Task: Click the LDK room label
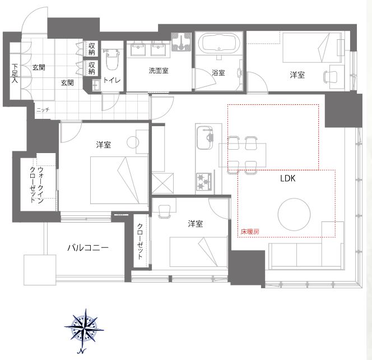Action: pyautogui.click(x=288, y=178)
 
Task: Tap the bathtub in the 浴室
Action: pyautogui.click(x=219, y=43)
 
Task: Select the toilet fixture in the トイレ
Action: pyautogui.click(x=111, y=59)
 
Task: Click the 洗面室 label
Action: pyautogui.click(x=159, y=71)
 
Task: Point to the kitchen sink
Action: pyautogui.click(x=205, y=137)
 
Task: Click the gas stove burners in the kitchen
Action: pyautogui.click(x=204, y=182)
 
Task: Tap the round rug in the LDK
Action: pyautogui.click(x=294, y=214)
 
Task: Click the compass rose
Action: pyautogui.click(x=84, y=329)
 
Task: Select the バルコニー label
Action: pyautogui.click(x=88, y=248)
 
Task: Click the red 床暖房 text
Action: pyautogui.click(x=250, y=232)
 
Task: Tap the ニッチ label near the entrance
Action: pyautogui.click(x=43, y=110)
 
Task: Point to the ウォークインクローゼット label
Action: pyautogui.click(x=37, y=184)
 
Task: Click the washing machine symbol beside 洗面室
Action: pyautogui.click(x=181, y=42)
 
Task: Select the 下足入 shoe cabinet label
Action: pyautogui.click(x=15, y=73)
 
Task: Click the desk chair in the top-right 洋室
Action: pyautogui.click(x=331, y=77)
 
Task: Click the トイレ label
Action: pyautogui.click(x=111, y=80)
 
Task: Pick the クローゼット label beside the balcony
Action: pyautogui.click(x=140, y=241)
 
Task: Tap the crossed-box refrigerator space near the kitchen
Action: pyautogui.click(x=162, y=183)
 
